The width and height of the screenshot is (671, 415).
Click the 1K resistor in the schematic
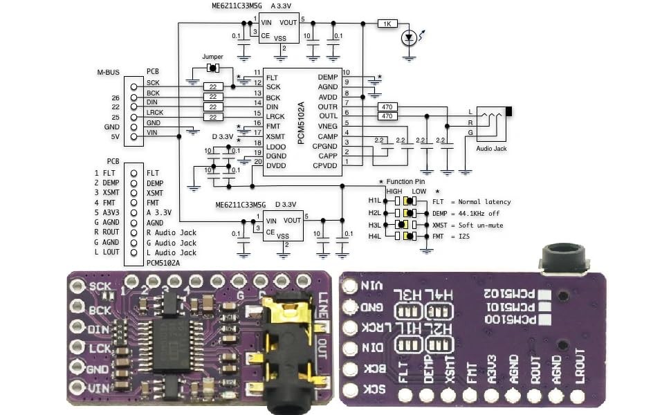[387, 24]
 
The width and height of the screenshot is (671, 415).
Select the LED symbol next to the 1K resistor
[410, 38]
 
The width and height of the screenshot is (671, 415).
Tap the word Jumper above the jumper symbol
[212, 57]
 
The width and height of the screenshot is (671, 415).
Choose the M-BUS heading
[109, 71]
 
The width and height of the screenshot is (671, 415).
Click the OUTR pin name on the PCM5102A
[327, 107]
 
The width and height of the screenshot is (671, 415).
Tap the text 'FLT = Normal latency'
[471, 202]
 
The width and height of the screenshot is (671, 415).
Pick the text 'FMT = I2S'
[452, 237]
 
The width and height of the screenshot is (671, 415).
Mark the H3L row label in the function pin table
[374, 225]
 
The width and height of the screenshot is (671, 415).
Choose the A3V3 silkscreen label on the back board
[491, 369]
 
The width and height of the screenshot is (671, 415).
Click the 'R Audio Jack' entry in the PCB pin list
[171, 233]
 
